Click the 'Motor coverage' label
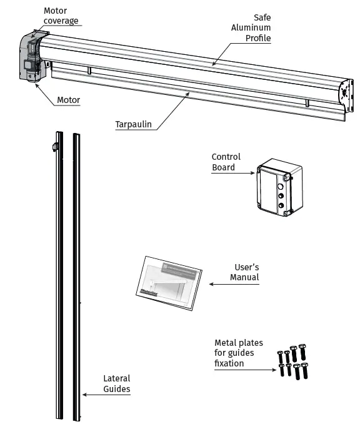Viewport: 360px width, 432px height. click(61, 16)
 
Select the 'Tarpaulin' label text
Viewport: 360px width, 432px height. click(132, 124)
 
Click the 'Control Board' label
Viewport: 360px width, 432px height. click(225, 162)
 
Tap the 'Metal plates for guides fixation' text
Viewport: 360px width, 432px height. click(238, 353)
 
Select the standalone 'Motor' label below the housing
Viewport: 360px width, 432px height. click(68, 100)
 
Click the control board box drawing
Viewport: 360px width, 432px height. click(279, 187)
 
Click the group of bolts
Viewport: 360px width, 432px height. click(292, 361)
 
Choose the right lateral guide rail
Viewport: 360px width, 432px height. click(77, 275)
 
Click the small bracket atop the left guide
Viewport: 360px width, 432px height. click(54, 147)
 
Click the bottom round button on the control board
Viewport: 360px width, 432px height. click(281, 205)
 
